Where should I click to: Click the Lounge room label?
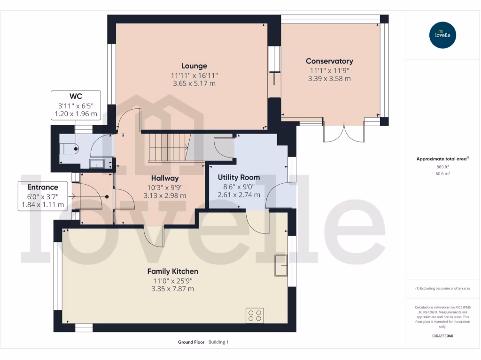194,66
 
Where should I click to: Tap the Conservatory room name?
329,61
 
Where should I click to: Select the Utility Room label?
239,178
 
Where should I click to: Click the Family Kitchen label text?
172,271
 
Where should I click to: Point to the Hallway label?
165,178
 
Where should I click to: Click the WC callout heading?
76,96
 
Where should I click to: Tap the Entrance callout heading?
42,187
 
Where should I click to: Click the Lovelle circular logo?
442,35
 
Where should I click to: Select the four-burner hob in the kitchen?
255,315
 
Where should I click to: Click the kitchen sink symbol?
281,265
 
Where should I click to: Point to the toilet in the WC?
70,148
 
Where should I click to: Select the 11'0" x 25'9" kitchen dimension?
172,281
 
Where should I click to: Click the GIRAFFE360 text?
442,336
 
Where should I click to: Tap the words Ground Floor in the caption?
191,342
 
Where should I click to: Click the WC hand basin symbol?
98,164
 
